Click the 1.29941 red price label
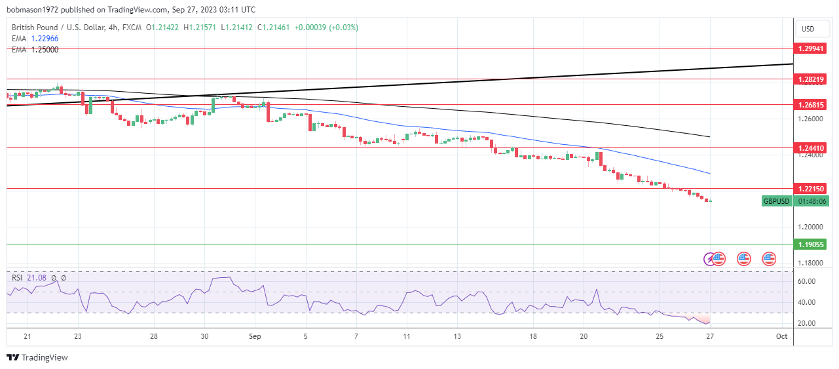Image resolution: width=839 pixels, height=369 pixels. tap(811, 49)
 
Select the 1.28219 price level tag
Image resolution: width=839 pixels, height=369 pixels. tap(811, 79)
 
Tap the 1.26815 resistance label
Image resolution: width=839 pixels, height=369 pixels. tap(811, 105)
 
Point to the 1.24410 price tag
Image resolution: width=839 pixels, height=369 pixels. tap(811, 148)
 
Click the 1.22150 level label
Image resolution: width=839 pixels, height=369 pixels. tap(811, 189)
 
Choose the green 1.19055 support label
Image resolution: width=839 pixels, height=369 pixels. tap(811, 244)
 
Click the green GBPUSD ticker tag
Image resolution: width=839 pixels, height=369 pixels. tap(777, 201)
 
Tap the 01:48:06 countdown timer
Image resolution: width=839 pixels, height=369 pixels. tap(811, 201)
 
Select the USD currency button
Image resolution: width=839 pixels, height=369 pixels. tap(808, 29)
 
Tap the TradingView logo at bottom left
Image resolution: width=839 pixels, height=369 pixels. tap(37, 358)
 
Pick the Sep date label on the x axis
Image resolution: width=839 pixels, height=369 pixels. tap(255, 336)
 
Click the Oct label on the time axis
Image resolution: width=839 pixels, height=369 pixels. tap(781, 336)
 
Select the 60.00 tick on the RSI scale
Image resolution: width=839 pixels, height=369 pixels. tap(806, 281)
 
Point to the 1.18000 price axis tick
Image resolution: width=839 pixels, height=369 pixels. tap(810, 263)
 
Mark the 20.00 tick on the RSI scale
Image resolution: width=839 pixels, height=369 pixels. tap(806, 323)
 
